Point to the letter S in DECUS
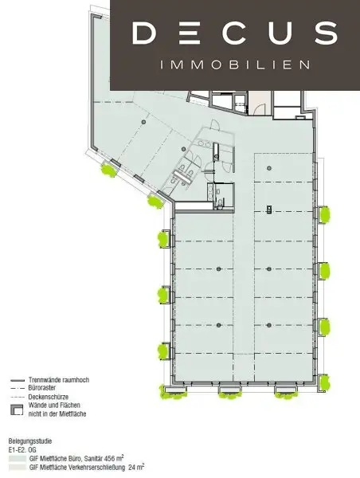point(324,33)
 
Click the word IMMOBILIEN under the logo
point(235,65)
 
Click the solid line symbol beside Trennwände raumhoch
point(16,379)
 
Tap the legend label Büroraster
point(45,387)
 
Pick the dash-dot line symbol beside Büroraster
point(16,387)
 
